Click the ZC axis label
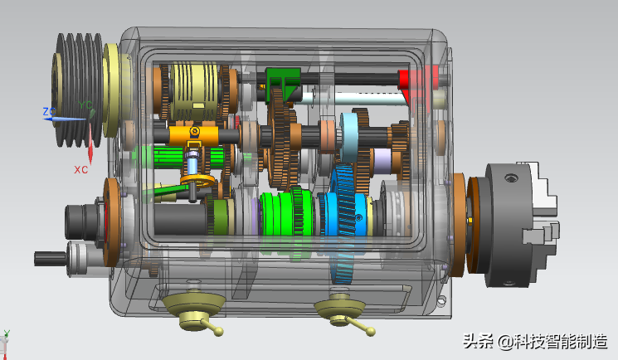coord(49,112)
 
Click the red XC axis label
coord(80,169)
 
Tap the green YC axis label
coord(85,105)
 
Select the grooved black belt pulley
coord(77,90)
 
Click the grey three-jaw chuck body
coord(509,225)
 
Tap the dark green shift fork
coord(282,84)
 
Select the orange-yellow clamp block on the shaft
coord(193,135)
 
